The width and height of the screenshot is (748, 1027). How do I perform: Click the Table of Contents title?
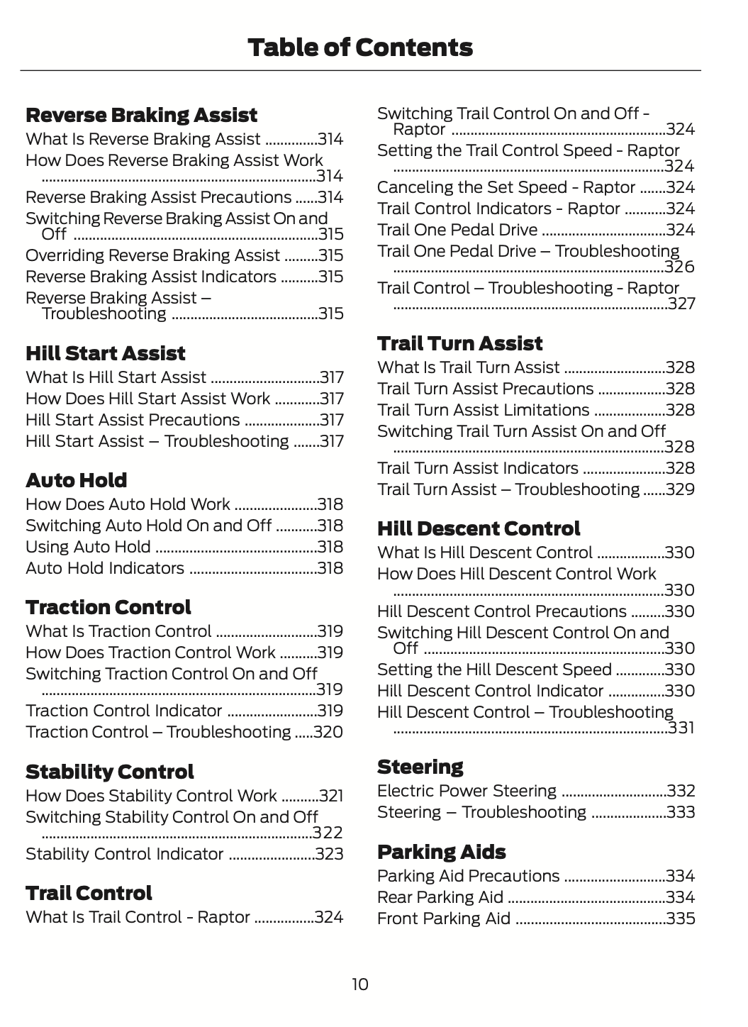360,48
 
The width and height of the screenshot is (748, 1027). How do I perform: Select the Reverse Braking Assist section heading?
141,115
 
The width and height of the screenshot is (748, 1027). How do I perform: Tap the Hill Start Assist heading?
105,353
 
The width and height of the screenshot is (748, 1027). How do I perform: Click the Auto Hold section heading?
76,480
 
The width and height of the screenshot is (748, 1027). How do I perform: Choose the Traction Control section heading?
108,607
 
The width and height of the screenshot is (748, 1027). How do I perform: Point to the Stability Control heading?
109,772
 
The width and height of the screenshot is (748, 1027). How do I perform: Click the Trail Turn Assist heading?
459,343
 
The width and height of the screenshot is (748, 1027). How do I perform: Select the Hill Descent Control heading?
478,528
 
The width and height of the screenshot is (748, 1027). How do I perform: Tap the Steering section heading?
420,767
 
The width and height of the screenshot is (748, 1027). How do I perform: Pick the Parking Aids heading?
441,852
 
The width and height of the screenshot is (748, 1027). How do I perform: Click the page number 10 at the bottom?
360,984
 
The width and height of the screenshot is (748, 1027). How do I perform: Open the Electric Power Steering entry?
467,791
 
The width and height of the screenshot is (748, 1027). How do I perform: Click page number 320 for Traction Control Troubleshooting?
328,732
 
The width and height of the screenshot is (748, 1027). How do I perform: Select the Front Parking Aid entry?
443,918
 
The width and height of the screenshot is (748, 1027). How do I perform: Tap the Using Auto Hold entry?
88,547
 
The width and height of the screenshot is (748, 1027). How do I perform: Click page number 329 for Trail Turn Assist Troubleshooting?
680,489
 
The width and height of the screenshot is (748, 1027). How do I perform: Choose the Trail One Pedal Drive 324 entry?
457,230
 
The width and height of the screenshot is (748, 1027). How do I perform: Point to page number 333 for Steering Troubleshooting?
681,812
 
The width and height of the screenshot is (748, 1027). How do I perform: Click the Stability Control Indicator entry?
124,854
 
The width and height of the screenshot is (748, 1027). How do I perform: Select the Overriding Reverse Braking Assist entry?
152,255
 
